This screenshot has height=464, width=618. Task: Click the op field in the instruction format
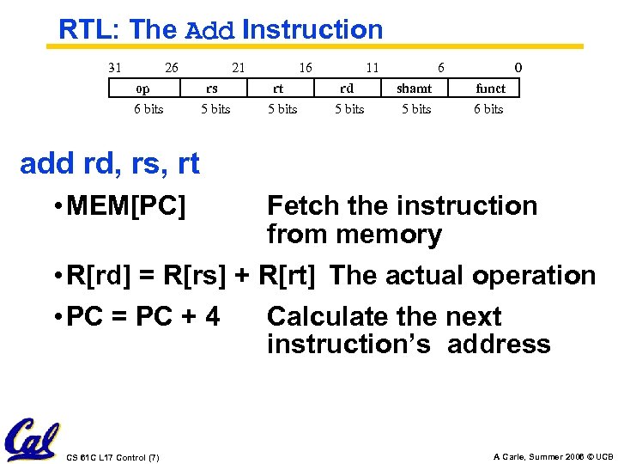point(142,89)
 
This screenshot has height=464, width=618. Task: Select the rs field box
point(212,89)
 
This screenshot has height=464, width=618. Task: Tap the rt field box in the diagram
point(278,89)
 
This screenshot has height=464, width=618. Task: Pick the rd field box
point(347,89)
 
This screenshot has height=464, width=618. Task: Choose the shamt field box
point(414,89)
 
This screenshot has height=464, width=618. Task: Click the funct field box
point(490,89)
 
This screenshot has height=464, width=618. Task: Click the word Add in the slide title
point(210,30)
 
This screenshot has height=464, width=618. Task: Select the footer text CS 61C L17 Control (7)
point(112,456)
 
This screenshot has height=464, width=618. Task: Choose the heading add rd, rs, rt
point(110,162)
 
